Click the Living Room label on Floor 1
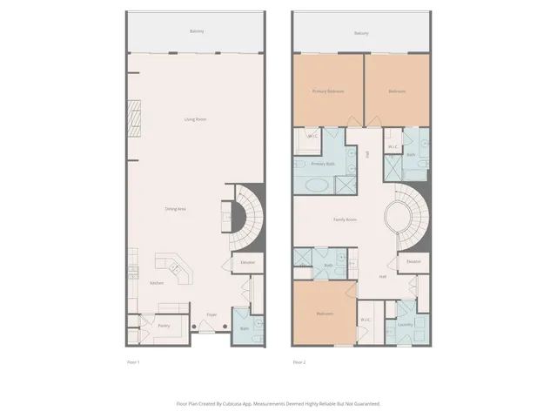click(x=194, y=119)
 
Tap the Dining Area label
click(x=176, y=208)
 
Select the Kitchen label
click(x=157, y=283)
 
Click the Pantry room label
click(x=164, y=327)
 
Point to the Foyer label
click(x=211, y=314)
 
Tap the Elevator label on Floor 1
click(x=247, y=261)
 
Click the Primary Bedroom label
click(x=326, y=91)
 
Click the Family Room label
click(x=346, y=219)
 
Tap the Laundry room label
click(x=406, y=324)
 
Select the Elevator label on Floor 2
click(x=413, y=261)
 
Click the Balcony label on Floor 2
click(x=361, y=33)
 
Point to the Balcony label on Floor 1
click(x=197, y=33)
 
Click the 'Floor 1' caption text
click(x=133, y=361)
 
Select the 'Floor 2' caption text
click(x=299, y=361)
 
